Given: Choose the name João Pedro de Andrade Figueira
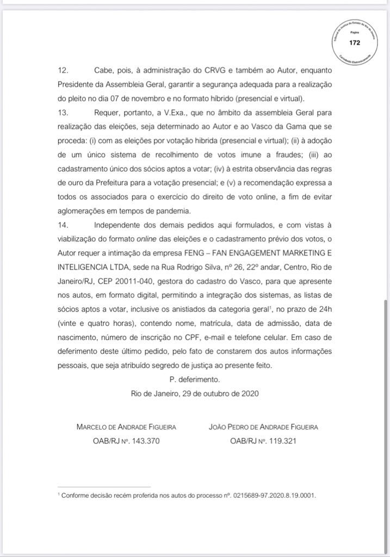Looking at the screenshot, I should [x=264, y=427].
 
